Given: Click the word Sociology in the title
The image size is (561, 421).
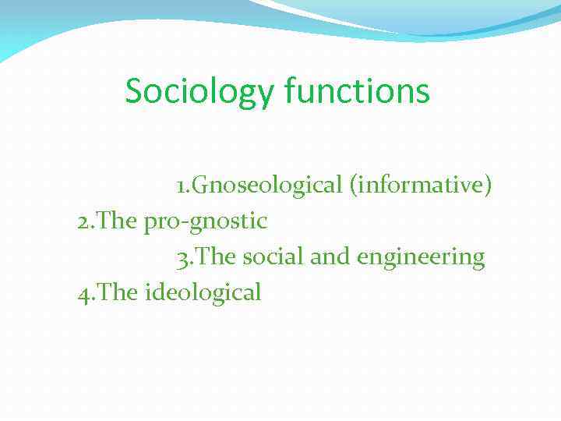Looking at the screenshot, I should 199,90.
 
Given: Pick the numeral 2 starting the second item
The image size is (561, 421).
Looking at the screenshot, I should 83,221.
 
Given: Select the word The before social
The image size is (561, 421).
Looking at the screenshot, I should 216,256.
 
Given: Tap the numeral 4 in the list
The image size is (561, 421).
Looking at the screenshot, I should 83,293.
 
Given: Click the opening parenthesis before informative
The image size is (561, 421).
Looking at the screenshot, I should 353,186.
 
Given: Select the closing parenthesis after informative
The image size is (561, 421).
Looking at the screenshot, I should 488,186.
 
